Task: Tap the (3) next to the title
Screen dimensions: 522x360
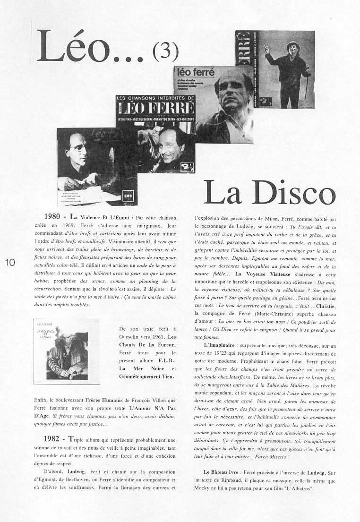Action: [166, 53]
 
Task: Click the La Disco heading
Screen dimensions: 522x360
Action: [269, 193]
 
